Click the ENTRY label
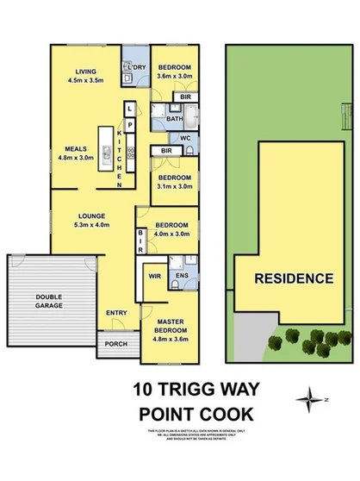[x=116, y=313]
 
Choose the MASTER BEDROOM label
[x=169, y=331]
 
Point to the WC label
[x=184, y=138]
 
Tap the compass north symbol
[x=308, y=398]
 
